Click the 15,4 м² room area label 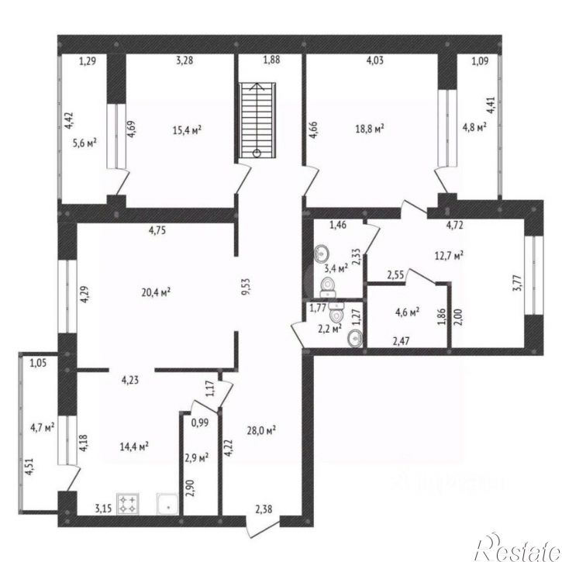(x=187, y=129)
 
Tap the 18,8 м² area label (x=370, y=129)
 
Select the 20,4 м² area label (x=156, y=292)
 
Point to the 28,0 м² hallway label (x=261, y=429)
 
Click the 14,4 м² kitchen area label (x=134, y=446)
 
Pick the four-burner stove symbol (x=128, y=504)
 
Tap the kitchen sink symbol (x=167, y=504)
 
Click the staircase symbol (x=257, y=120)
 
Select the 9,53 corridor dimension (x=247, y=286)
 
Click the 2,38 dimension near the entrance (x=264, y=509)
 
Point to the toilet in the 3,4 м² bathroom (x=328, y=286)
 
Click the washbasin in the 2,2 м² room (x=355, y=338)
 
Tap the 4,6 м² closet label (x=408, y=312)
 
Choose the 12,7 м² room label (x=449, y=256)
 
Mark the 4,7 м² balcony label (x=43, y=427)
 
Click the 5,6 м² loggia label (x=84, y=143)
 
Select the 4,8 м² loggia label (x=474, y=127)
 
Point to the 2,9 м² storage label (x=197, y=457)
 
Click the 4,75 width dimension (x=157, y=229)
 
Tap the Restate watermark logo (x=518, y=547)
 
